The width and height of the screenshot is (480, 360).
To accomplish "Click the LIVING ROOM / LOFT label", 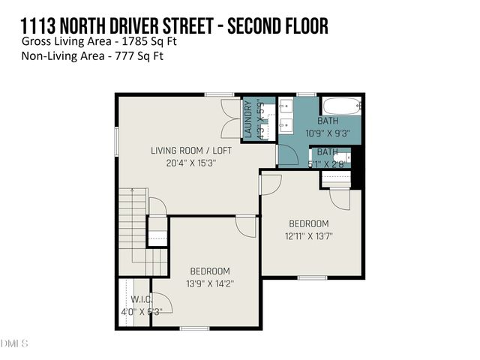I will pos(191,151).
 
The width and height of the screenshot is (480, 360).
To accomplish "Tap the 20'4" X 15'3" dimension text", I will pos(191,163).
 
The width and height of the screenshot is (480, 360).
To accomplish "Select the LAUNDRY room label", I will pos(249,119).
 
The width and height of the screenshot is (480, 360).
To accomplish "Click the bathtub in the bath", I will pos(341,106).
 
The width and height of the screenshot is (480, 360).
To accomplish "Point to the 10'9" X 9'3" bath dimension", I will pos(328,133).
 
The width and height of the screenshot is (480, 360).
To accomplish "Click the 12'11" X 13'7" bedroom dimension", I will pos(309,235).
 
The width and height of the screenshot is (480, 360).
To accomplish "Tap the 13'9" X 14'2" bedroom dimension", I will pos(209,283).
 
